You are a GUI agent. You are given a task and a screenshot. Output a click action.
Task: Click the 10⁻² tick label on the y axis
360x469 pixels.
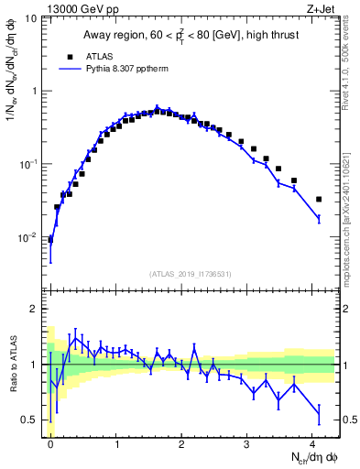coord(30,237)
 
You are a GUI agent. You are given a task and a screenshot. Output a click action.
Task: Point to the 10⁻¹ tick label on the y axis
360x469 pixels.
coord(30,164)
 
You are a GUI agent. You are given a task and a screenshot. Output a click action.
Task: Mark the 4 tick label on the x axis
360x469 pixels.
coord(313,444)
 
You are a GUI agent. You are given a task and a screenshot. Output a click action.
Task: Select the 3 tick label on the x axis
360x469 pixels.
coord(247,444)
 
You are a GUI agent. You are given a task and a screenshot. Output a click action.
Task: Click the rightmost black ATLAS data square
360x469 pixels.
coord(319,199)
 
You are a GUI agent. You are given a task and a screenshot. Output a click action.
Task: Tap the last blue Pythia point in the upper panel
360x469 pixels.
coord(319,218)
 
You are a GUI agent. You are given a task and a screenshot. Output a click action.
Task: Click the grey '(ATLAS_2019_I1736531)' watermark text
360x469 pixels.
coord(191,275)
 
